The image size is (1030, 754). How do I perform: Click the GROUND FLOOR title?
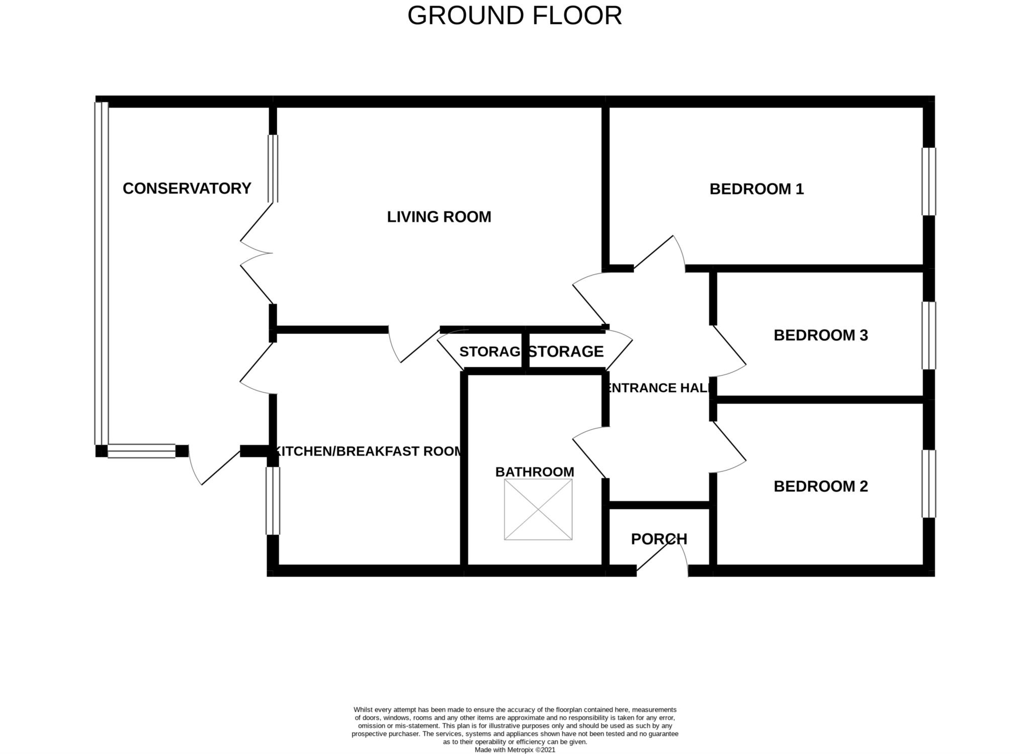coord(514,16)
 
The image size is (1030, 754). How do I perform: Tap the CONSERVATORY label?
coord(187,189)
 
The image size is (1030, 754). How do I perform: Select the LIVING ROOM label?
coord(439,217)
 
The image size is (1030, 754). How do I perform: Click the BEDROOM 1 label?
coord(756,190)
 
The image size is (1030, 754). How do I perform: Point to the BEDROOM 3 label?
coord(820,335)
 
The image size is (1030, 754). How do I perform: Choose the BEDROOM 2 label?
coord(820,487)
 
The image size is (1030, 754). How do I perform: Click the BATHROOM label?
coord(535,472)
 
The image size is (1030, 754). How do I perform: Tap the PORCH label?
coord(659,539)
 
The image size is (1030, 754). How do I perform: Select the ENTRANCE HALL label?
coord(659,388)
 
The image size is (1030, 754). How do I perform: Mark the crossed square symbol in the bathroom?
coord(538,510)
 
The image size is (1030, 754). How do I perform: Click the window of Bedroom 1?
coord(928,181)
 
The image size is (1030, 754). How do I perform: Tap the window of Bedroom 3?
coord(928,335)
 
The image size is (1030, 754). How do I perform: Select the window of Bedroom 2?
coord(928,484)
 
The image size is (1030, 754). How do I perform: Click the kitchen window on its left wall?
coord(272,501)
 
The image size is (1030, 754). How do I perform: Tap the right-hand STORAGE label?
coord(566,351)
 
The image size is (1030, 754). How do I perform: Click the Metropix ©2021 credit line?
coord(514,749)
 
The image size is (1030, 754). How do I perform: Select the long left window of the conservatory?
coord(101,273)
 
